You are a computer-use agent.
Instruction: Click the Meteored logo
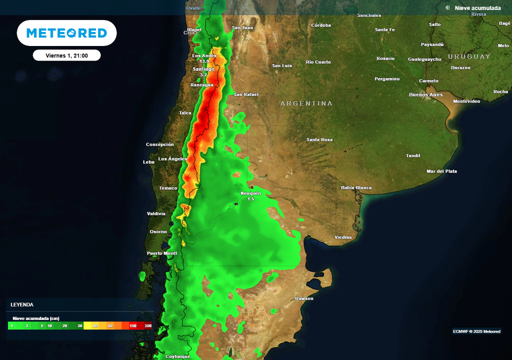click(x=66, y=33)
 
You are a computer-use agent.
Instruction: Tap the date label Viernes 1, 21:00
click(x=66, y=55)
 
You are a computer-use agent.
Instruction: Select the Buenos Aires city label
click(x=425, y=94)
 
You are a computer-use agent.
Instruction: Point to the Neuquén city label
click(x=250, y=193)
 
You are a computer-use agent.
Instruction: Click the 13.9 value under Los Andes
click(x=204, y=61)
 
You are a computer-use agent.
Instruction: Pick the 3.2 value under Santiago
click(x=203, y=74)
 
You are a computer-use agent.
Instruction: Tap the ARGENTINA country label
click(x=306, y=103)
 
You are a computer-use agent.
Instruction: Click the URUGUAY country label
click(x=469, y=56)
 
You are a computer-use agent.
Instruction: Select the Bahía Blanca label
click(x=356, y=188)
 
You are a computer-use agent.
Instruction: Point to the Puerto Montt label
click(x=162, y=253)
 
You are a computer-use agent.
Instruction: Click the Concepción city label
click(x=160, y=144)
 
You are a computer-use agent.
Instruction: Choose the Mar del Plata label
click(x=441, y=171)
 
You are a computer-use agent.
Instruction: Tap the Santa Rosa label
click(x=319, y=139)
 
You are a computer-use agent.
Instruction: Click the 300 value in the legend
click(x=148, y=325)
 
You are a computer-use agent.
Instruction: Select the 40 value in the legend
click(x=95, y=325)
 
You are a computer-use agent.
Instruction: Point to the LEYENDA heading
click(x=22, y=304)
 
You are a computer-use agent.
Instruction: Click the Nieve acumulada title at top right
click(x=477, y=8)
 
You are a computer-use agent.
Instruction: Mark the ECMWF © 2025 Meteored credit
click(x=476, y=331)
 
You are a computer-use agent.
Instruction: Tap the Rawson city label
click(x=304, y=298)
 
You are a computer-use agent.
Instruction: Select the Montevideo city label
click(x=466, y=101)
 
